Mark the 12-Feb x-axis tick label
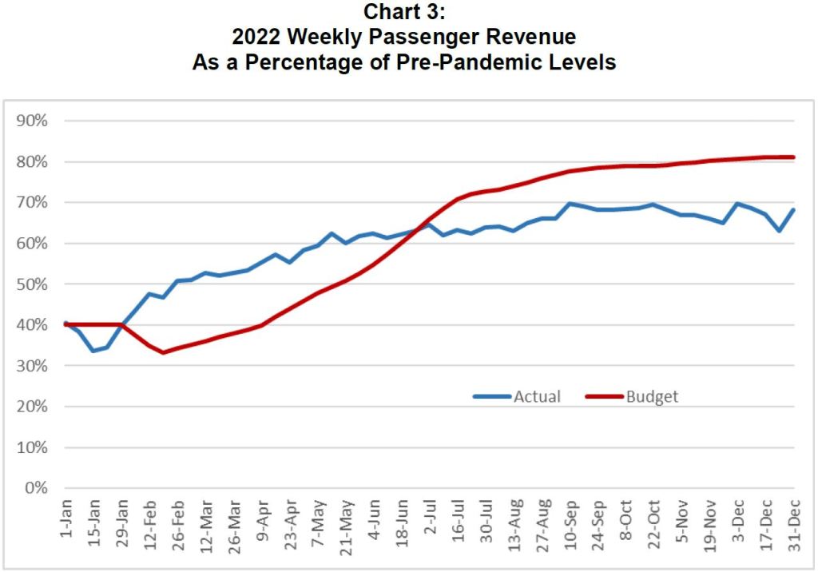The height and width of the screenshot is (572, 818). coord(149,522)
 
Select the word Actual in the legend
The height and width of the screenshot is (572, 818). coord(537,396)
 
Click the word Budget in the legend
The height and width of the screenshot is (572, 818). coord(652,396)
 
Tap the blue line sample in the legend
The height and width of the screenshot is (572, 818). coord(491,396)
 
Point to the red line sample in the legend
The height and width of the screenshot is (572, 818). coord(604,396)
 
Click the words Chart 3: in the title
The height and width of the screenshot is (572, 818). coord(403,13)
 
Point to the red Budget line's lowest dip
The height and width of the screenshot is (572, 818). coord(163,352)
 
